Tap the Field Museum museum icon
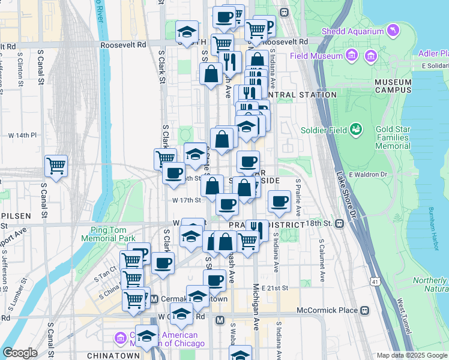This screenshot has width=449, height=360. pos(352,56)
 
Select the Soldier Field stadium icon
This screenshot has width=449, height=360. pos(357,128)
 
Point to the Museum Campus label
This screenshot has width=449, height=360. pos(393,85)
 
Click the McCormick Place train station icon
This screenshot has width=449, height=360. pos(364,311)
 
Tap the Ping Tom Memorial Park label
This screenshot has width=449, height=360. pos(113,234)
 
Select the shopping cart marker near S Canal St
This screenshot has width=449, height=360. pos(56,165)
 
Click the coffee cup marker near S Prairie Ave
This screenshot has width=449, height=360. pos(279,202)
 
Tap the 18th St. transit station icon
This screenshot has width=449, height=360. pos(340,223)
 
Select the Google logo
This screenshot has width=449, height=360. pos(20,353)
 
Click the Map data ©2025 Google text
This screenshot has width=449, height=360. pos(412,355)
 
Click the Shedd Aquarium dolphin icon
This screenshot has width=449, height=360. pos(393,29)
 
